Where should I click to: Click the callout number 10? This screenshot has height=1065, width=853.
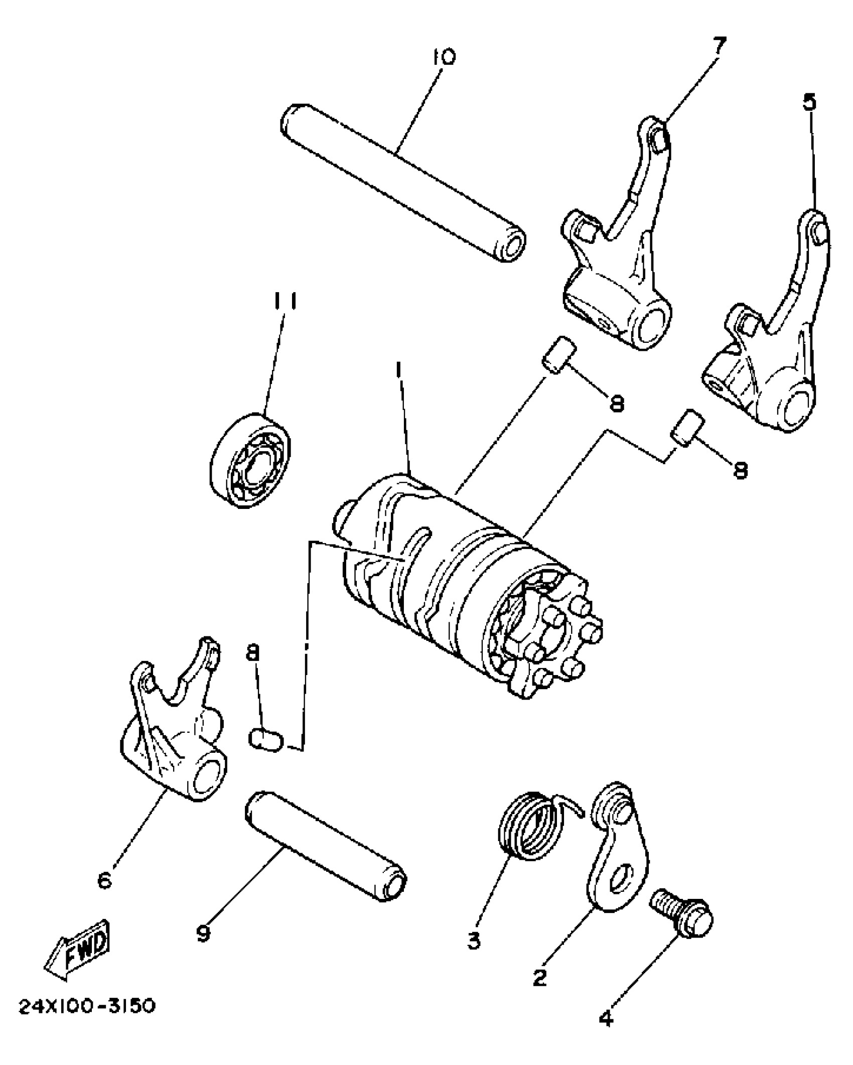click(443, 56)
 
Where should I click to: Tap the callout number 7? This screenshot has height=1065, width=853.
click(719, 46)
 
